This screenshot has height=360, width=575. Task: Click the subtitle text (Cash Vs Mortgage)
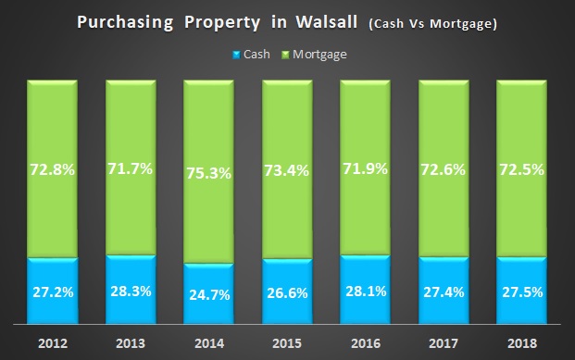coord(432,23)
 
